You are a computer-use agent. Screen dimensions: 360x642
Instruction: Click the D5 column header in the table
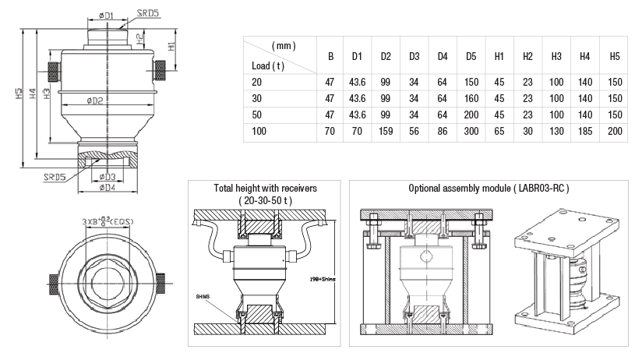[471, 56]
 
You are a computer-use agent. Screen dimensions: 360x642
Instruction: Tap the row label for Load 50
[258, 115]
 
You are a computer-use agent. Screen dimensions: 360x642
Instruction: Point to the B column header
[330, 56]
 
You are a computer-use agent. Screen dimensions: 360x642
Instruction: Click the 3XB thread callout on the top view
[108, 222]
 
